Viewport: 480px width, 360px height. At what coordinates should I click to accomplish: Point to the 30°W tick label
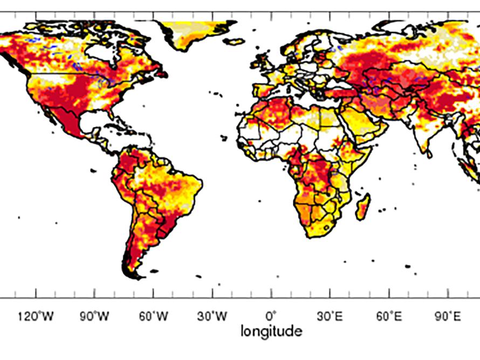[212, 316]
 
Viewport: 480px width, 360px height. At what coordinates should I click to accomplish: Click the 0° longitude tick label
[271, 316]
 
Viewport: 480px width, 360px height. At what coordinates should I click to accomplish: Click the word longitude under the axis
[271, 331]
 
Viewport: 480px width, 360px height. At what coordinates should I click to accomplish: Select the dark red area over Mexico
[70, 121]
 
